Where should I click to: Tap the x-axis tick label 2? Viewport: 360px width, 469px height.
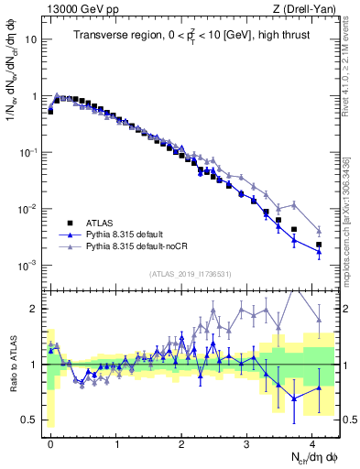tap(181, 442)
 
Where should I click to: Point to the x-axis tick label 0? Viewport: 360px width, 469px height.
tap(50, 442)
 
